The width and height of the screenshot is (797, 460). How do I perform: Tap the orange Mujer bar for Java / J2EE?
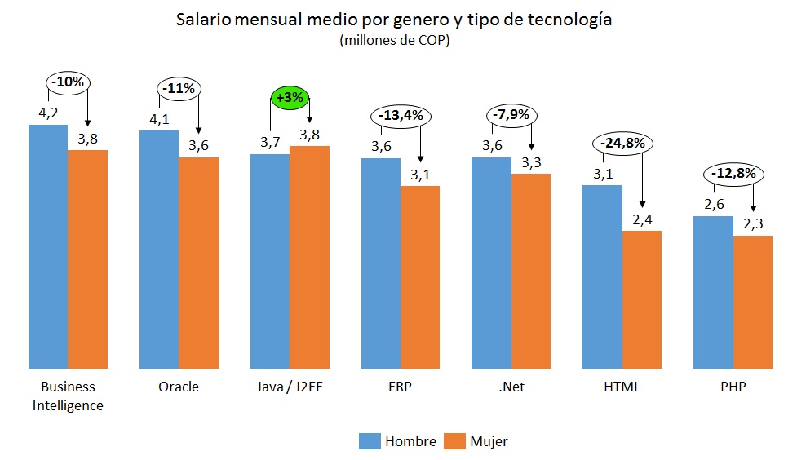(309, 257)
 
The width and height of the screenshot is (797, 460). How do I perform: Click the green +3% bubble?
(290, 98)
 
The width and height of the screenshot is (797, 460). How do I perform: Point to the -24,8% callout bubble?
(622, 144)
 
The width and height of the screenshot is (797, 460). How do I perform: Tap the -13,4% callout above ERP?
(401, 115)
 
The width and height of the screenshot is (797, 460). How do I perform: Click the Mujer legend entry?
(478, 441)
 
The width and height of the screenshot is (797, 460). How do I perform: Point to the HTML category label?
(621, 387)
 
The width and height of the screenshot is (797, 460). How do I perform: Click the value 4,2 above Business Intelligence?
(48, 112)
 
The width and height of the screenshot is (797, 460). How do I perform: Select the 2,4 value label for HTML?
(642, 219)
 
